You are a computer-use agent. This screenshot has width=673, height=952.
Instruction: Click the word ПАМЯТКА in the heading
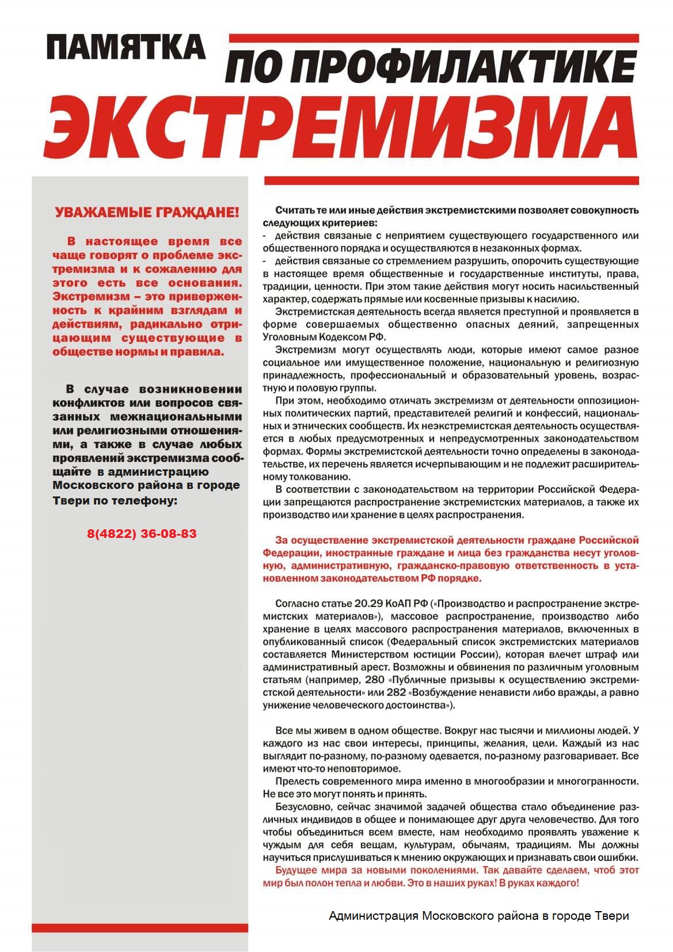[x=126, y=47]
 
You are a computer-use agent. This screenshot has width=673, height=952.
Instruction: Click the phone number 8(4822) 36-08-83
[x=142, y=534]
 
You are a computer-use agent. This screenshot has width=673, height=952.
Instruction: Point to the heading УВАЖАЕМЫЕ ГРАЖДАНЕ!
[x=146, y=213]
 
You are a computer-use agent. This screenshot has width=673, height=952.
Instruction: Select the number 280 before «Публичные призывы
[x=374, y=680]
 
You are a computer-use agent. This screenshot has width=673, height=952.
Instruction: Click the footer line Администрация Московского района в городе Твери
[x=478, y=916]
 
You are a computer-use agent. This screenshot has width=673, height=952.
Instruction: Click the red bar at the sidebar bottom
[x=140, y=928]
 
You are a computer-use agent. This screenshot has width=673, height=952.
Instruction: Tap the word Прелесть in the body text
[x=296, y=781]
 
